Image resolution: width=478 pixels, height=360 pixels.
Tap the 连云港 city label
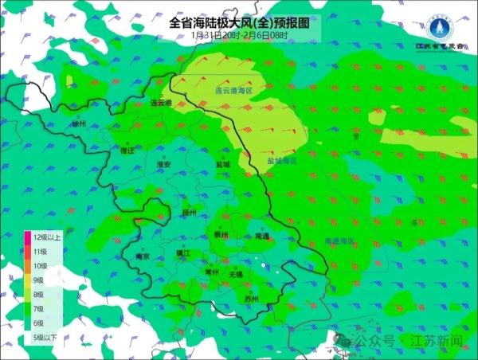click(162, 104)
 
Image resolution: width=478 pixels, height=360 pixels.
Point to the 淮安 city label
click(164, 164)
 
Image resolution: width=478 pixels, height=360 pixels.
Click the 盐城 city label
click(222, 165)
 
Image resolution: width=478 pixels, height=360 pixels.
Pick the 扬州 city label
click(189, 213)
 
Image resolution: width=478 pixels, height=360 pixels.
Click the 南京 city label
click(143, 257)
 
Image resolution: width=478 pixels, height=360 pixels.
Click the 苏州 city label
click(253, 299)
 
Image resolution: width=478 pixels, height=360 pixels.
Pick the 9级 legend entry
click(38, 280)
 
